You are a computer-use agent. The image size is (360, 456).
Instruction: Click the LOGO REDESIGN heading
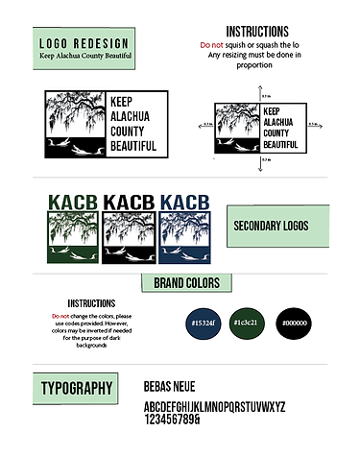pyautogui.click(x=86, y=44)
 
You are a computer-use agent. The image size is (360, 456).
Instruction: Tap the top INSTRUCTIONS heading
pyautogui.click(x=256, y=32)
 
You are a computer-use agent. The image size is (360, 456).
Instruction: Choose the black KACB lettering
pyautogui.click(x=129, y=203)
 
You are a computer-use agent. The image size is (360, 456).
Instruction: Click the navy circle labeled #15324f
pyautogui.click(x=204, y=322)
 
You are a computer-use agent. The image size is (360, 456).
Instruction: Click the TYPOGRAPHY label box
pyautogui.click(x=77, y=389)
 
